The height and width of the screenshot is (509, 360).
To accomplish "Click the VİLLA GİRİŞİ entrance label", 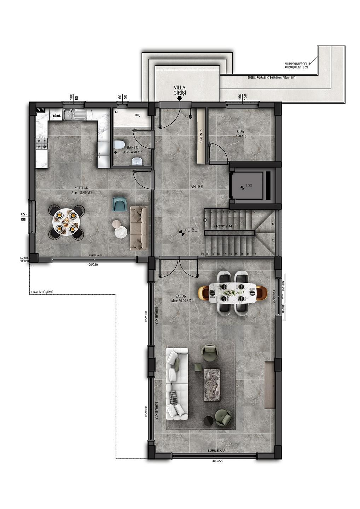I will [179, 90].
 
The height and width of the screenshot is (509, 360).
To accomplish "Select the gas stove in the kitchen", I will [42, 144].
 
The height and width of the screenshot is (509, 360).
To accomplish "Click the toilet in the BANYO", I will [119, 145].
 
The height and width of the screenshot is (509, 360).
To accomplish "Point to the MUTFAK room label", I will [81, 188].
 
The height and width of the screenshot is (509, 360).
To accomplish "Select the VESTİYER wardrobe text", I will [201, 136].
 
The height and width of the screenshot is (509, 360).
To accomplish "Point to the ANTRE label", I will [197, 187].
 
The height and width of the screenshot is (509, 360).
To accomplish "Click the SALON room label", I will [180, 297].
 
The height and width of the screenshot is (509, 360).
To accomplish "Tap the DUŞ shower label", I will [138, 115].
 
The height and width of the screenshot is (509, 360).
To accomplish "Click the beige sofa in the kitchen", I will [138, 228].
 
